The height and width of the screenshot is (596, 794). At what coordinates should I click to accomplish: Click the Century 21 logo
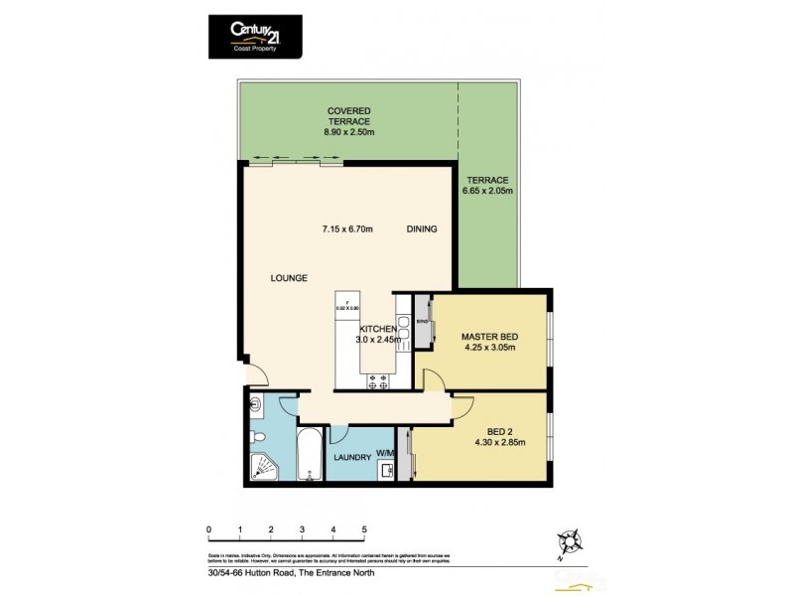(x=255, y=37)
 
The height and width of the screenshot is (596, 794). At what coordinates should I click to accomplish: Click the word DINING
(x=422, y=229)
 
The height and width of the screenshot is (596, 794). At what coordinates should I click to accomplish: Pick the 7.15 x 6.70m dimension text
(x=346, y=229)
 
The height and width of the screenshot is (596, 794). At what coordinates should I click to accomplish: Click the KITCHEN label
(x=378, y=329)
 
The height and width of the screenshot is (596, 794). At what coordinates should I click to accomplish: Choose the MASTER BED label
(x=489, y=337)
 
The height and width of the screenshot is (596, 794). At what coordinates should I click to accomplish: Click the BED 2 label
(x=499, y=433)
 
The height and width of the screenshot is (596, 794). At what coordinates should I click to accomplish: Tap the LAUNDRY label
(x=352, y=458)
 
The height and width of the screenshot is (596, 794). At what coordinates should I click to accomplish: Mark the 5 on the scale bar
(x=364, y=529)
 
